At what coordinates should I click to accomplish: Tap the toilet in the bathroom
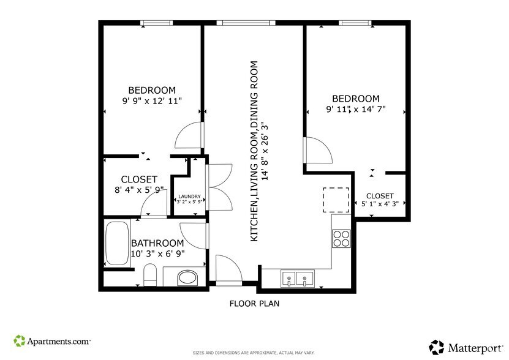(151, 276)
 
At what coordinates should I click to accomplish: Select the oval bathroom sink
(188, 279)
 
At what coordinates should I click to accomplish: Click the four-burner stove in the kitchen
(341, 238)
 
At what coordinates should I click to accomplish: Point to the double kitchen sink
(296, 279)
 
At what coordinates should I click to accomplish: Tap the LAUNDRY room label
(190, 197)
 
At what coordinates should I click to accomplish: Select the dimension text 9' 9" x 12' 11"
(153, 102)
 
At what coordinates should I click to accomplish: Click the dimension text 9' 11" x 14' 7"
(356, 110)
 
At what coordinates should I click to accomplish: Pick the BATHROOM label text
(157, 243)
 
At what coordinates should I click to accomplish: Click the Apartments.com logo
(53, 340)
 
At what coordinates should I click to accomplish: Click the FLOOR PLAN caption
(255, 303)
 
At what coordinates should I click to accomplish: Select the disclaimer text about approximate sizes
(254, 353)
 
